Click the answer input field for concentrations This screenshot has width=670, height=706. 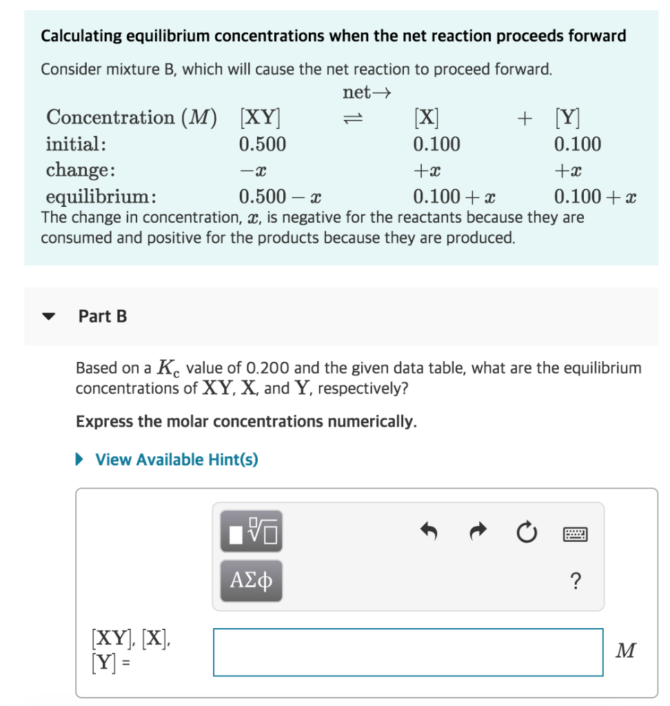(x=408, y=652)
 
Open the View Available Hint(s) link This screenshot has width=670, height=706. (x=176, y=459)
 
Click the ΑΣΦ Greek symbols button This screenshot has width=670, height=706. (x=251, y=582)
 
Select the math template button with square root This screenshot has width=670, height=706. (x=251, y=532)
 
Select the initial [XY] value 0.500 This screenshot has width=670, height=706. (x=262, y=144)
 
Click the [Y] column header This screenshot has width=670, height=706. (x=567, y=117)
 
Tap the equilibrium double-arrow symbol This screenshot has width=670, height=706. (x=353, y=118)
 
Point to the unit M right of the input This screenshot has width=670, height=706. (x=626, y=650)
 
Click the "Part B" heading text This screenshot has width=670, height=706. (x=103, y=316)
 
